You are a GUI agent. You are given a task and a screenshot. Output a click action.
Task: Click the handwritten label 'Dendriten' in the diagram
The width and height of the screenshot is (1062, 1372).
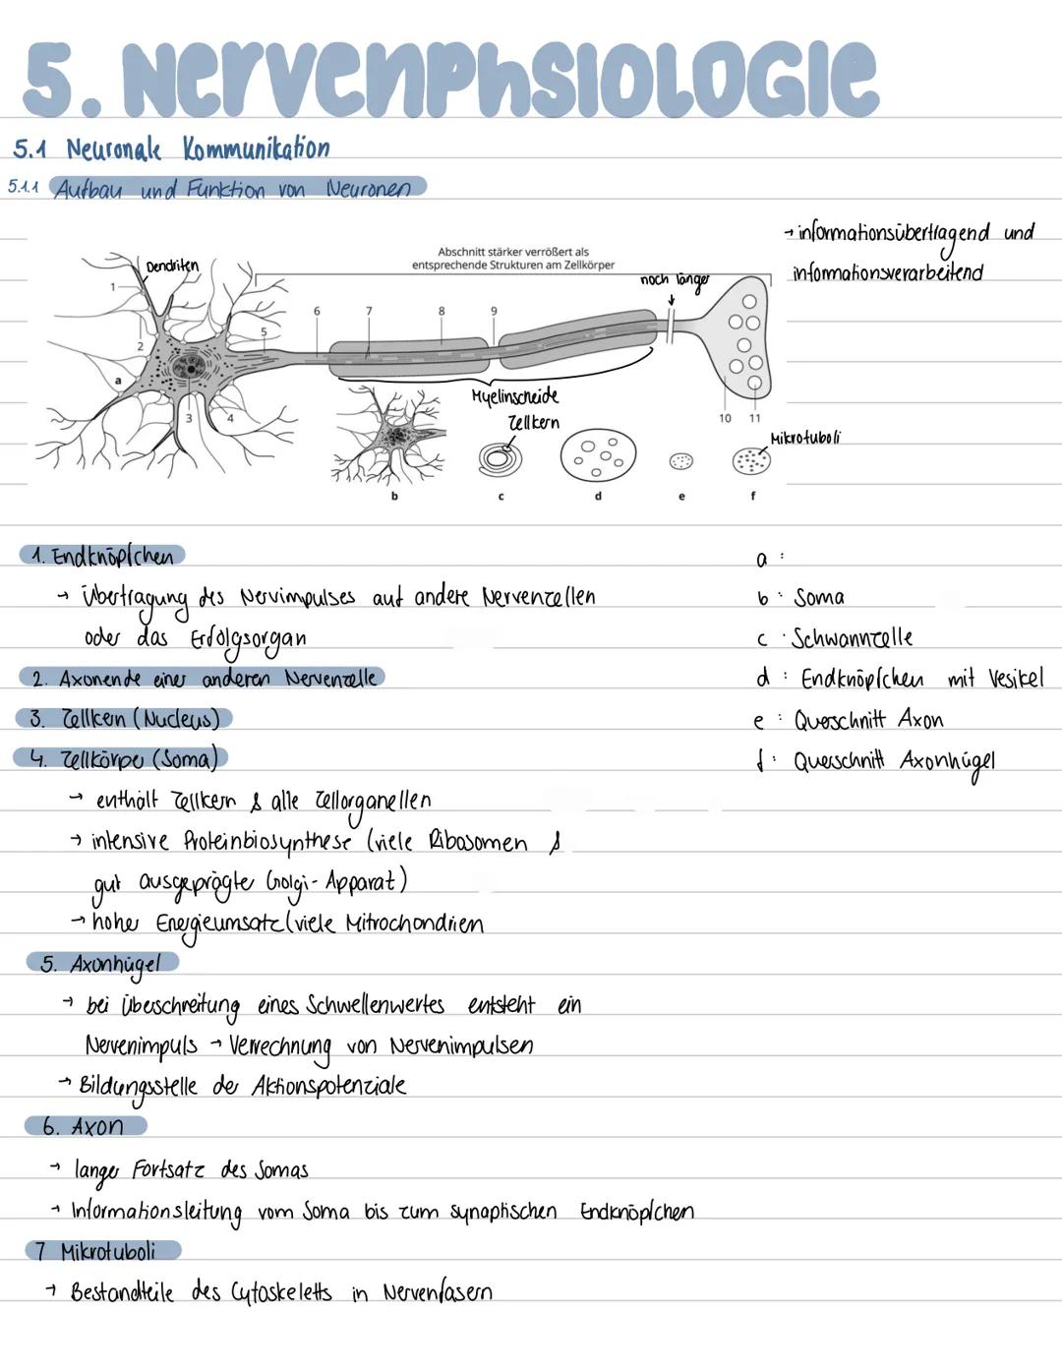click(x=172, y=266)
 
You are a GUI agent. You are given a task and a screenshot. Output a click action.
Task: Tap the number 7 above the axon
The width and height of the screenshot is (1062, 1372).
click(x=369, y=311)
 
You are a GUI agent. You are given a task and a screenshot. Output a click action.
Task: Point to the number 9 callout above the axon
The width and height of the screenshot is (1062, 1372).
click(x=494, y=311)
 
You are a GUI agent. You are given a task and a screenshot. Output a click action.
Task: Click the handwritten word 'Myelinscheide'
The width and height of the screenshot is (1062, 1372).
click(x=514, y=396)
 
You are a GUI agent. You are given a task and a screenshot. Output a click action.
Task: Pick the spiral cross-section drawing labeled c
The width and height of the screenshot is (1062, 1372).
click(x=501, y=457)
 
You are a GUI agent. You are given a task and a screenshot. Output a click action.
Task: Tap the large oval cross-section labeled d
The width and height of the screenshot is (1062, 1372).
click(x=598, y=455)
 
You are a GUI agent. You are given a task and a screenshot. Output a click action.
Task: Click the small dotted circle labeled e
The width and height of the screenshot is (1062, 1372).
click(x=680, y=460)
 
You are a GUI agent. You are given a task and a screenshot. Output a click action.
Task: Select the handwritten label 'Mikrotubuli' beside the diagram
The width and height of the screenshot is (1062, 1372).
click(x=805, y=438)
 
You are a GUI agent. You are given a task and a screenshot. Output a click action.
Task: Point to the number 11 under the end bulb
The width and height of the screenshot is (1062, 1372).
click(x=754, y=418)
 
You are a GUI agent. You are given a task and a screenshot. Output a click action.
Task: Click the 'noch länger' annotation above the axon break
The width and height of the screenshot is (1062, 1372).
click(x=674, y=280)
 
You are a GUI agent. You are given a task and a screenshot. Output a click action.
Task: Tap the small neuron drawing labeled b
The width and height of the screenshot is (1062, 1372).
click(x=393, y=436)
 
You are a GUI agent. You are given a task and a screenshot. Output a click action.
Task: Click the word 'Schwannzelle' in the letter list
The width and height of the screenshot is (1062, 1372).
click(x=852, y=638)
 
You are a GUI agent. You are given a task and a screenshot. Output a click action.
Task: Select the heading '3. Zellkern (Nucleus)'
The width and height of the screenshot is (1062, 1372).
click(x=124, y=719)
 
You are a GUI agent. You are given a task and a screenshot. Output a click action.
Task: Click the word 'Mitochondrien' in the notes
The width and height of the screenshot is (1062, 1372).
click(x=414, y=924)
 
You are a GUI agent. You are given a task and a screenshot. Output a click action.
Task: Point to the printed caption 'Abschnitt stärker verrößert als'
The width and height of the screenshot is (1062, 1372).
click(x=513, y=253)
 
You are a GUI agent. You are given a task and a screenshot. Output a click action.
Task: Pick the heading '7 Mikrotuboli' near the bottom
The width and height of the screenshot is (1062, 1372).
click(x=104, y=1252)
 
